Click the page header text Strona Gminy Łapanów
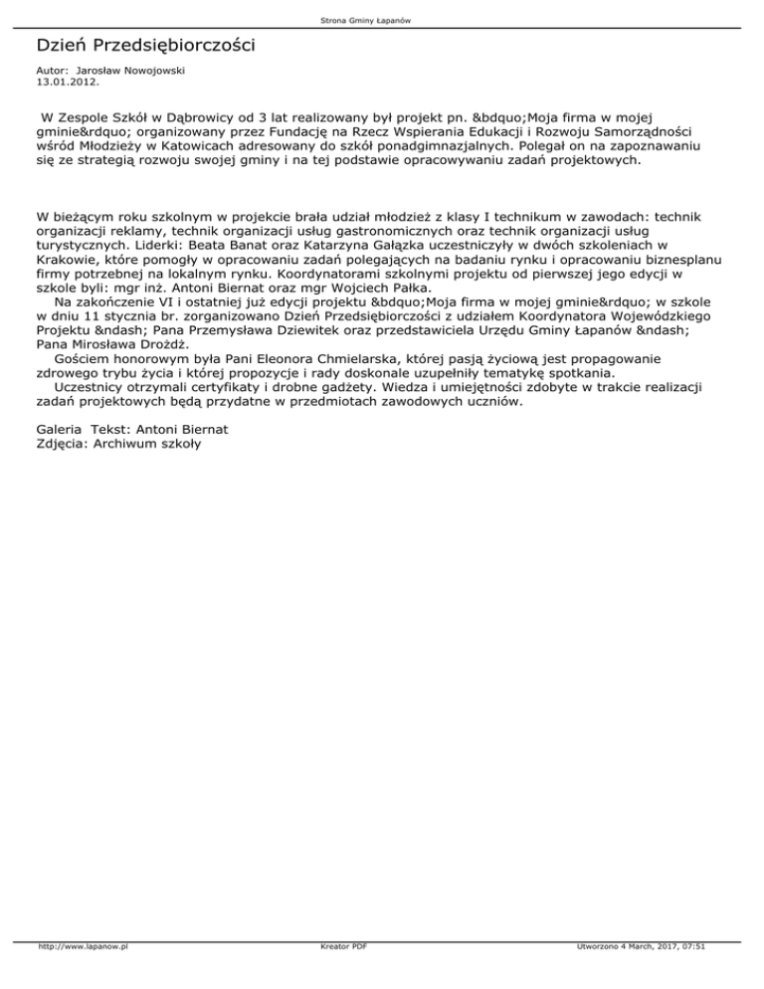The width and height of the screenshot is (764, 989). [x=381, y=20]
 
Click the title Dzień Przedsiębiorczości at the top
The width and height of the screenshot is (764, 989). [x=145, y=46]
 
